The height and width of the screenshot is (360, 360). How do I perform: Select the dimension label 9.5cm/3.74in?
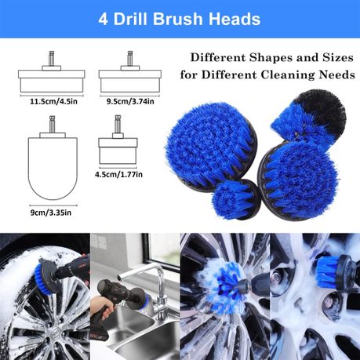[129, 102]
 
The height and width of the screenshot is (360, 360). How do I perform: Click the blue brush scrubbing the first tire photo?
[49, 278]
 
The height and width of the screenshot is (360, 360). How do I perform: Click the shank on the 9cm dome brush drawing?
[53, 125]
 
